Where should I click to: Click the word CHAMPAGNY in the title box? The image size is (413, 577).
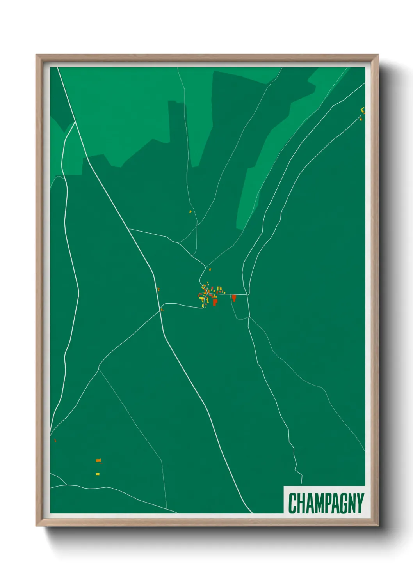[x=326, y=503]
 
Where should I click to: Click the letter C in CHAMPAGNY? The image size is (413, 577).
[x=292, y=503]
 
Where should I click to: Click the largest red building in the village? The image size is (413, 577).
[x=215, y=302]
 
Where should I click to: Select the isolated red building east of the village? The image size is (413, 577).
[x=234, y=298]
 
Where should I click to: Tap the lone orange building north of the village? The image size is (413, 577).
[x=210, y=269]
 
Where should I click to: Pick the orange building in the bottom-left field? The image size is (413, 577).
[x=98, y=460]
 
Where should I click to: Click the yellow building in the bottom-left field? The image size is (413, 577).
[x=98, y=474]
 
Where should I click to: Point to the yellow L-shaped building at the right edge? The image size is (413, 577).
[x=363, y=110]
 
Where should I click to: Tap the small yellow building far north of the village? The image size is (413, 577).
[x=190, y=212]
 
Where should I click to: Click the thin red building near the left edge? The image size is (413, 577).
[x=55, y=441]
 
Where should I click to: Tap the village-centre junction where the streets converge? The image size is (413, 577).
[x=207, y=294]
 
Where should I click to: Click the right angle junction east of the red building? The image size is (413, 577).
[x=247, y=295]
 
